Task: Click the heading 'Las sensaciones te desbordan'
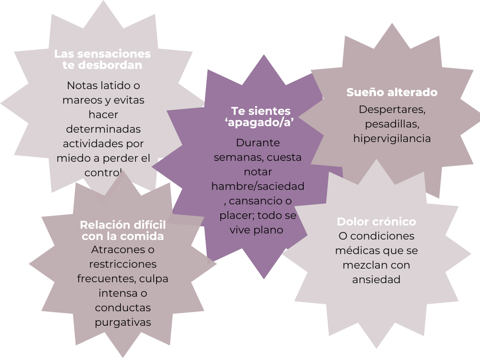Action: coord(103,60)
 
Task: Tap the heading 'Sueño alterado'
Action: coord(392,92)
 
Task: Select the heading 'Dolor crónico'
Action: coord(376,222)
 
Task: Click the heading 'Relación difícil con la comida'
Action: coord(123,230)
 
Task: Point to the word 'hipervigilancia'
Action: coord(392,139)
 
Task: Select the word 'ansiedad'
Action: coord(376,280)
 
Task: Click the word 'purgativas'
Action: coord(123,322)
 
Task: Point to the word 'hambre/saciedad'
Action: coord(258,187)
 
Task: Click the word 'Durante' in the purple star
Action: coord(258,142)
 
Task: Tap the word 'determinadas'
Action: coord(103,129)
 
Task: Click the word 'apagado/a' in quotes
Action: coord(263,123)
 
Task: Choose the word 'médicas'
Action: coord(354,250)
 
